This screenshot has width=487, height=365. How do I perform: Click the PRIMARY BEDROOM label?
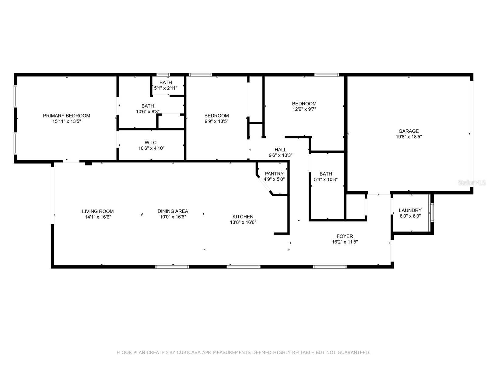66,116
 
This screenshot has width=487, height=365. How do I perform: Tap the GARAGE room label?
409,131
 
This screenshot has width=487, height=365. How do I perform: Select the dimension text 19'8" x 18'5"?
409,137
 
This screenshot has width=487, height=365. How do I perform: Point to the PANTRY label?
274,174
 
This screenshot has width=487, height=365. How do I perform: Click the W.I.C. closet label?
151,142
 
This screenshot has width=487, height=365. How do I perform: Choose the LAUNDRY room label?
410,210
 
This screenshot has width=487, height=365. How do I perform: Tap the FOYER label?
345,236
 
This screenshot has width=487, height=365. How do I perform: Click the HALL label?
280,149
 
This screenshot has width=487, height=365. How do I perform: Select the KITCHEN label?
243,217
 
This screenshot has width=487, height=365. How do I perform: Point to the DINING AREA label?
173,211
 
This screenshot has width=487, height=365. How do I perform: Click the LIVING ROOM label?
98,211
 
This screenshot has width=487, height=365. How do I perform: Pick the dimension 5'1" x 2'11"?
166,88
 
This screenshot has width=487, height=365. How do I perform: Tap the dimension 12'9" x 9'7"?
304,109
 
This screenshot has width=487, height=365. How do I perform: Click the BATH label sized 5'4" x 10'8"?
326,174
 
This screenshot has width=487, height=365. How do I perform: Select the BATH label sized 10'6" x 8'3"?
148,106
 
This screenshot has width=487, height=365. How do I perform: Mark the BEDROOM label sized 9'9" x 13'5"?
216,116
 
